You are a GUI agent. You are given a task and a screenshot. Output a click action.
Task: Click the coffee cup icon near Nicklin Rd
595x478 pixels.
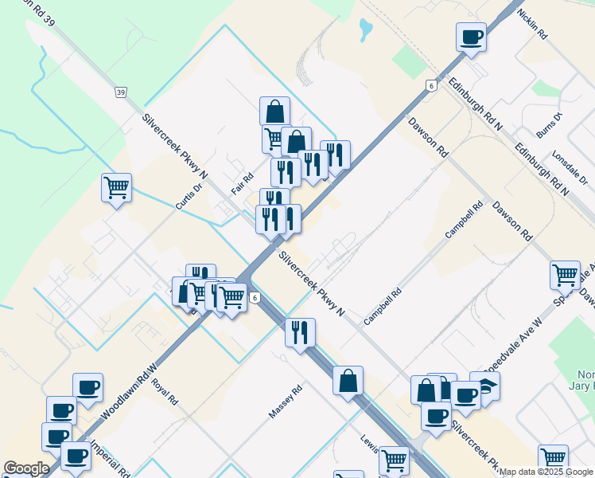471,37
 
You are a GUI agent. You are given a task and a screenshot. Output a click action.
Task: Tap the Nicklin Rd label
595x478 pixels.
532,24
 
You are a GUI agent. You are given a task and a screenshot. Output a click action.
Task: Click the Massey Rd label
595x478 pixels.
286,402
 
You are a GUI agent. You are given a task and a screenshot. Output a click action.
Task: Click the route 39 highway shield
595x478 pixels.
121,93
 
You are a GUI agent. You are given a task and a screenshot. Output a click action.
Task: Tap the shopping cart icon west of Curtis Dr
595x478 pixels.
116,188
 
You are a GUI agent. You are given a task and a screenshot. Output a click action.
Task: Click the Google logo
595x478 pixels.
25,468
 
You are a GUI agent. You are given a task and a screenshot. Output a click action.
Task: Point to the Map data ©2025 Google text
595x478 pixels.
546,472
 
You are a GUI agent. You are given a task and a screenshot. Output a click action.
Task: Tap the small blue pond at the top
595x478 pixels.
365,30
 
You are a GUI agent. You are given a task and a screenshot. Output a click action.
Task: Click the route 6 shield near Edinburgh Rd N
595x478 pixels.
430,85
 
